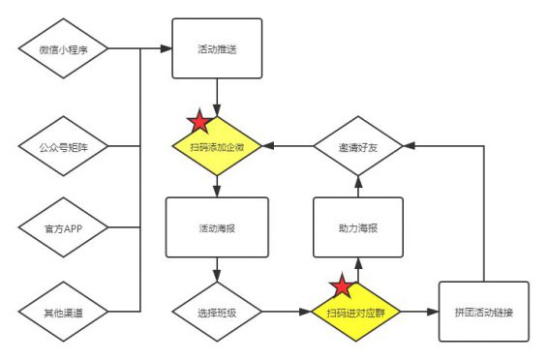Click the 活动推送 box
217,48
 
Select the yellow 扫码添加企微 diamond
217,147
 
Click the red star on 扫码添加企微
198,123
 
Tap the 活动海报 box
214,227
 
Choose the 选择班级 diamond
214,312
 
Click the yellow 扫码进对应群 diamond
357,312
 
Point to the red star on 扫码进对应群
341,287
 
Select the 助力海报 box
357,227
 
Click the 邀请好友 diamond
357,147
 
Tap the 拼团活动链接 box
483,311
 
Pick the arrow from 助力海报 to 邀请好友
357,186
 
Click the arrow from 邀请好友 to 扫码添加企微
288,147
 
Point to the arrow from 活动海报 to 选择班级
214,271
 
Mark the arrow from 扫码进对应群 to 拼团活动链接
419,312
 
